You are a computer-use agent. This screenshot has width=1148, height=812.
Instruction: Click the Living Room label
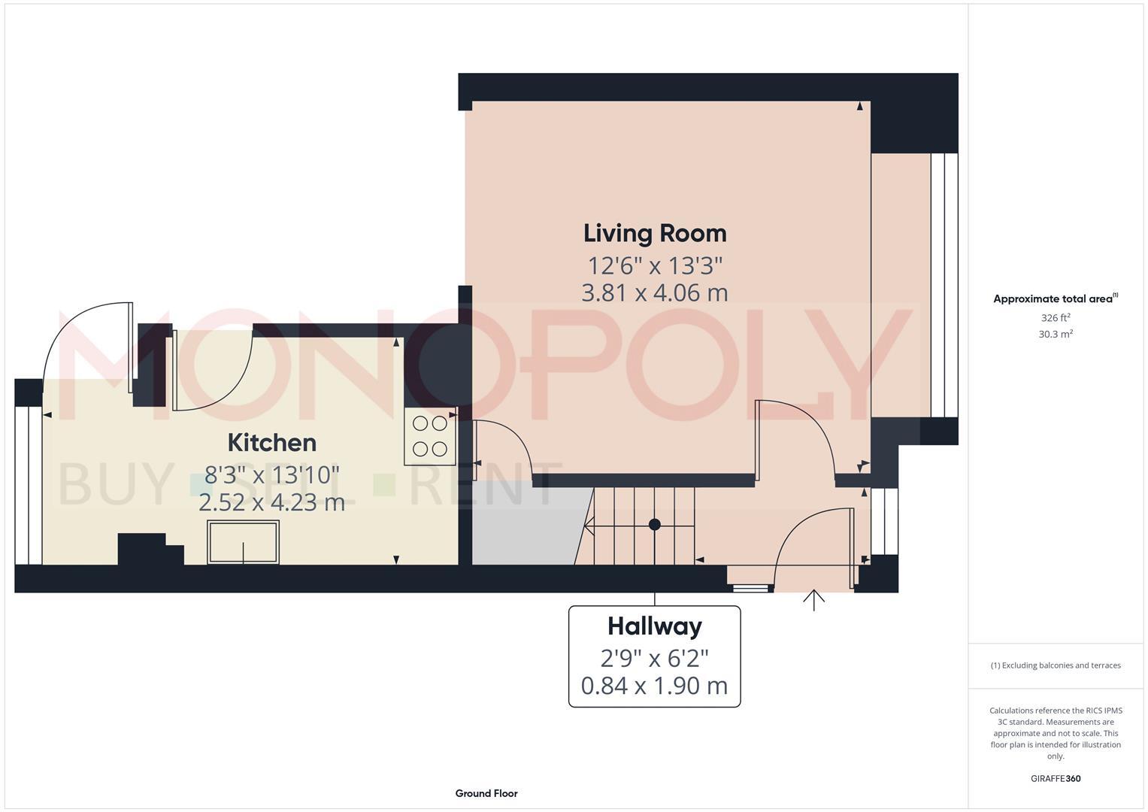click(x=655, y=233)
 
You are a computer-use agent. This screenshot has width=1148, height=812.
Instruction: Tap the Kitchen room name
click(x=271, y=442)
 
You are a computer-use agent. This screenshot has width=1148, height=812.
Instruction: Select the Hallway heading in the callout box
click(x=654, y=626)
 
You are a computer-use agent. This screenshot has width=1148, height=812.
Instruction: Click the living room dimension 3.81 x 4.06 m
click(x=655, y=292)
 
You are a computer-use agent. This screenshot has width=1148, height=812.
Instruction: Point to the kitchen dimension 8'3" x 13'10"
click(x=271, y=475)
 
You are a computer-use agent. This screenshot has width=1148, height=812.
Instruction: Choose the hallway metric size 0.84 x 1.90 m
click(x=654, y=686)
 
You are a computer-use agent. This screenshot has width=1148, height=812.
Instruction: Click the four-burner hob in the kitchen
click(x=430, y=437)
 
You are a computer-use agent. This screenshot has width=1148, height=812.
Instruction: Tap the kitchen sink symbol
click(x=244, y=541)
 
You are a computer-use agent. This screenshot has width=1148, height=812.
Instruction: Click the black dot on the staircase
click(x=655, y=524)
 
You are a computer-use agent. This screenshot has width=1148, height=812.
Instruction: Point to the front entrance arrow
click(x=814, y=600)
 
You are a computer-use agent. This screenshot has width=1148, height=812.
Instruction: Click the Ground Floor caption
click(x=486, y=793)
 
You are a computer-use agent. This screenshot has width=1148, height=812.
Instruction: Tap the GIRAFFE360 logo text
click(x=1056, y=779)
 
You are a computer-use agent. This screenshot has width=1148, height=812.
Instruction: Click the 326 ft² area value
click(x=1056, y=318)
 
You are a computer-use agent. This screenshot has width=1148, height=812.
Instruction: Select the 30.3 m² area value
click(x=1056, y=335)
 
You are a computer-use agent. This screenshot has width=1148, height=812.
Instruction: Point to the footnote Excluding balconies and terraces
click(x=1056, y=665)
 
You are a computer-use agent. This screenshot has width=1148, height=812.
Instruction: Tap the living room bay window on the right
click(x=944, y=286)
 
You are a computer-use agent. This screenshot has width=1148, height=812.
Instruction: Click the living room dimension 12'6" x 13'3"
click(x=655, y=265)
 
